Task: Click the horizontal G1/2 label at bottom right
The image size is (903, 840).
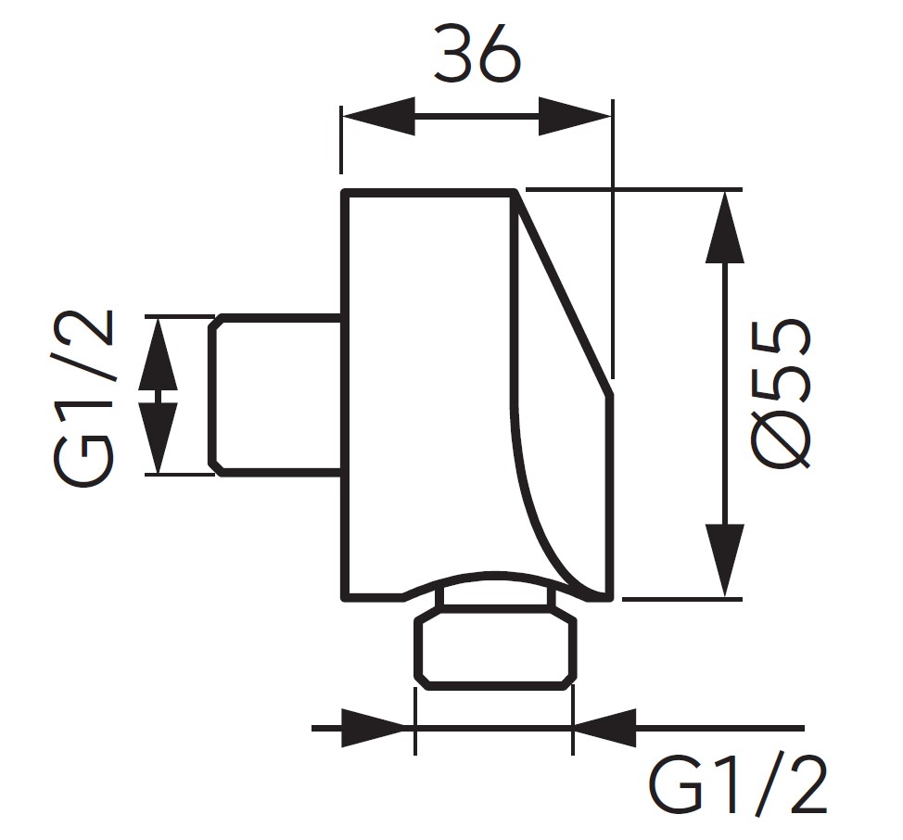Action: [x=737, y=784]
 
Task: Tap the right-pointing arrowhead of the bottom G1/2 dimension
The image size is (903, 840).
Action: [x=376, y=728]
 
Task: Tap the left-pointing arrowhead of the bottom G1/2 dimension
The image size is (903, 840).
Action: [x=606, y=728]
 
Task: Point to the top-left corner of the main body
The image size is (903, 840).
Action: [x=345, y=193]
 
